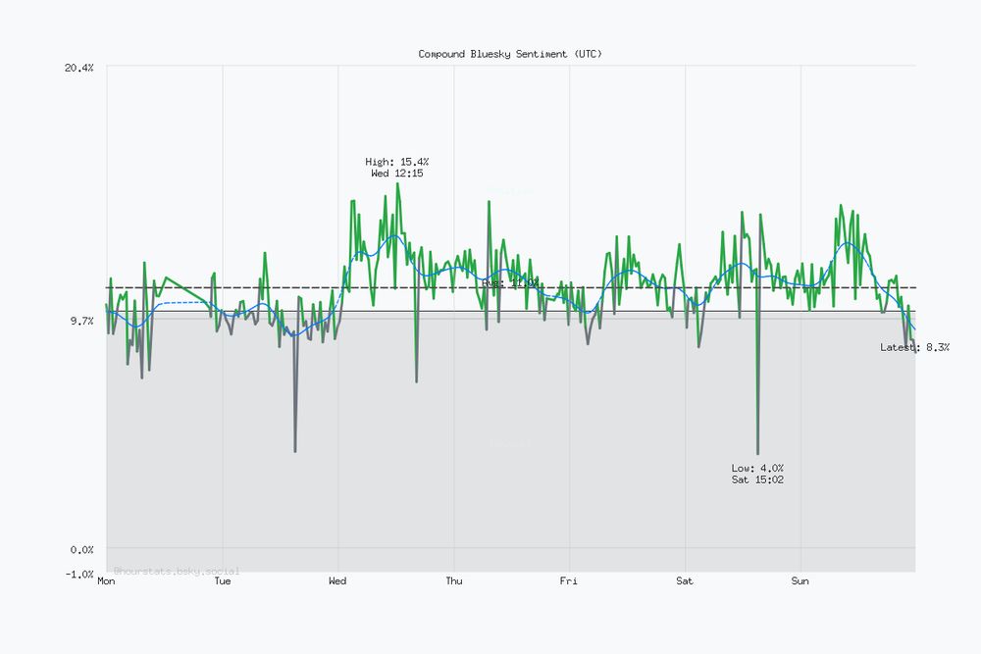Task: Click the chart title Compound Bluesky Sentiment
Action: [510, 54]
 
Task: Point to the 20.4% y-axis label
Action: [80, 68]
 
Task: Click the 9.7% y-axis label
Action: [82, 321]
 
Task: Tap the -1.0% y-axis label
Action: [80, 574]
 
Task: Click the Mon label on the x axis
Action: [107, 581]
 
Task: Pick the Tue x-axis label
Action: [223, 581]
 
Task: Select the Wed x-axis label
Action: [337, 581]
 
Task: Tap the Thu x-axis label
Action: [454, 581]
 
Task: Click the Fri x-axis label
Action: [569, 581]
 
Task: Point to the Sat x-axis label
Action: [685, 581]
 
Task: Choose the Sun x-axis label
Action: [800, 581]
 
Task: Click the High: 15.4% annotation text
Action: [397, 162]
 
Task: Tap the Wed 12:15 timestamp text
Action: [397, 174]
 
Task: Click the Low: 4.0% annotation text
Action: [757, 468]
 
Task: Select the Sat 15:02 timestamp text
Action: [757, 479]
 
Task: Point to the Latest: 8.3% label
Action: [914, 347]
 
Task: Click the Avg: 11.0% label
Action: [510, 282]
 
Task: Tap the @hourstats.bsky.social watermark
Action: [177, 570]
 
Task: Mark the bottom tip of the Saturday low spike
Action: [758, 454]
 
